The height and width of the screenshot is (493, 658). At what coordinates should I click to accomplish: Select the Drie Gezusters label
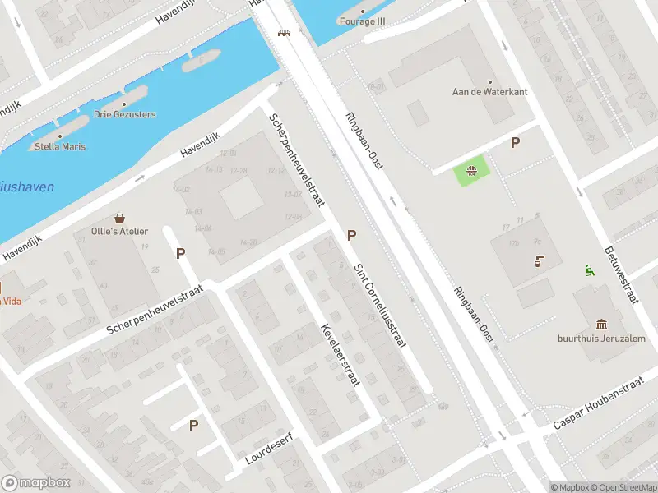pyautogui.click(x=124, y=114)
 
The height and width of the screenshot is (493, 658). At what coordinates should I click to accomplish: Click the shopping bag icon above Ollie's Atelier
pyautogui.click(x=120, y=219)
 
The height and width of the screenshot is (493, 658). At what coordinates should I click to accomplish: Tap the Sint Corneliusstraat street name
pyautogui.click(x=379, y=305)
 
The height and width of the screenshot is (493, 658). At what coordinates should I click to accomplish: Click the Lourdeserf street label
pyautogui.click(x=270, y=448)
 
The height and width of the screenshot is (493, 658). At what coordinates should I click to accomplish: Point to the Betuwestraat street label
pyautogui.click(x=621, y=273)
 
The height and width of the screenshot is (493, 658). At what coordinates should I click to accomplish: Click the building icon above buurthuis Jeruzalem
pyautogui.click(x=602, y=324)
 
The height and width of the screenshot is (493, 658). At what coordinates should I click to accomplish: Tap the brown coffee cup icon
pyautogui.click(x=538, y=262)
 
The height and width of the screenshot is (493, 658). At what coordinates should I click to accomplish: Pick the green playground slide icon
pyautogui.click(x=589, y=270)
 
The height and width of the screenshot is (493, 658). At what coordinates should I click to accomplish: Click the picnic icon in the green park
pyautogui.click(x=472, y=172)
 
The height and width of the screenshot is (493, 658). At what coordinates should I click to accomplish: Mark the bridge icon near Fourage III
pyautogui.click(x=285, y=33)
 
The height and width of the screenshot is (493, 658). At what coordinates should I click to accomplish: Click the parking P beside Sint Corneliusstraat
pyautogui.click(x=352, y=236)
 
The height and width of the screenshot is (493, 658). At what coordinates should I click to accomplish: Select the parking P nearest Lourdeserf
pyautogui.click(x=194, y=425)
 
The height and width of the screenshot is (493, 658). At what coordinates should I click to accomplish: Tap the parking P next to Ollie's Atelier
pyautogui.click(x=180, y=253)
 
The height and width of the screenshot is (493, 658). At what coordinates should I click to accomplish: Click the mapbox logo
pyautogui.click(x=36, y=482)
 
